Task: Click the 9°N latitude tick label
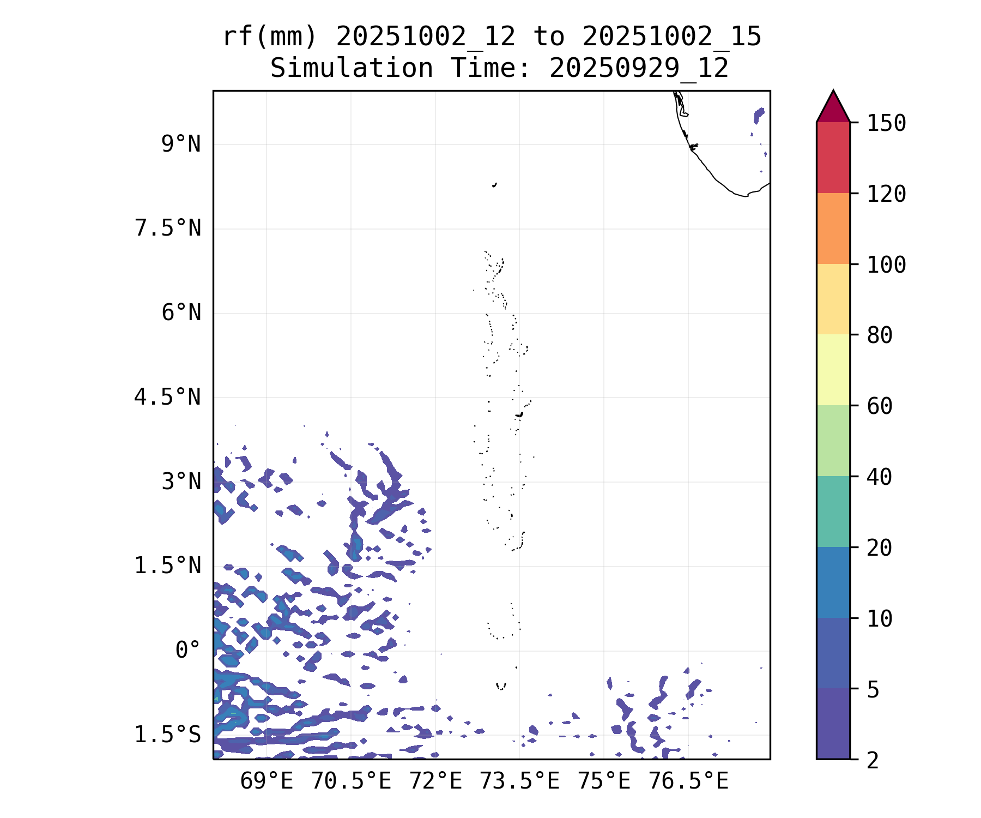click(x=181, y=145)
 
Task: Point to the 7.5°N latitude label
click(x=168, y=228)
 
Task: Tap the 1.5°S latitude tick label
click(x=168, y=735)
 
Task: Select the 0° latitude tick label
click(x=188, y=650)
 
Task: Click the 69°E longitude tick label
click(x=267, y=781)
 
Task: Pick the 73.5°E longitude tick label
click(x=519, y=781)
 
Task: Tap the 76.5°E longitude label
click(x=688, y=781)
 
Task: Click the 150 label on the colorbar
click(x=886, y=123)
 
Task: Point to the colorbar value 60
click(x=880, y=406)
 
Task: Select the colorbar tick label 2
click(x=873, y=760)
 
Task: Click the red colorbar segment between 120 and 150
click(x=833, y=158)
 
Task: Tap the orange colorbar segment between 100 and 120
click(x=833, y=228)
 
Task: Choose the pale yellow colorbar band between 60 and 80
click(x=833, y=370)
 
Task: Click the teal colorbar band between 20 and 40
click(x=833, y=512)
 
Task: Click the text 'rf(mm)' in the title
click(x=270, y=37)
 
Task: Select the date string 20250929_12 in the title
click(x=639, y=69)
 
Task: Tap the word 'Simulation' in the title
click(x=352, y=69)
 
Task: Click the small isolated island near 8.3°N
click(x=494, y=185)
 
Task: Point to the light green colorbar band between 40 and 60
click(x=833, y=441)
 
